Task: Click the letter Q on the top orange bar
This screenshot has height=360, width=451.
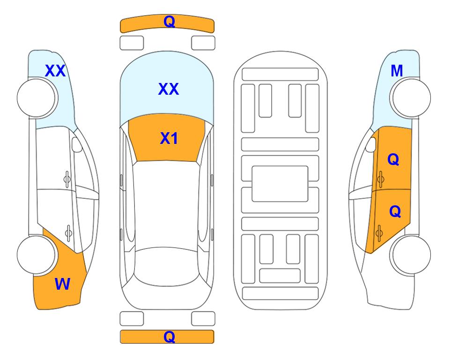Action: (x=169, y=22)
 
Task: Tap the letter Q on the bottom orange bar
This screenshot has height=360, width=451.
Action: (x=169, y=337)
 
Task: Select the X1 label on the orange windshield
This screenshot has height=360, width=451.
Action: (x=169, y=138)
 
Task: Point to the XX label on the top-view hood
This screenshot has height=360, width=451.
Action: (x=169, y=89)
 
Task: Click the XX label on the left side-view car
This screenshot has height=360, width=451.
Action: (x=55, y=71)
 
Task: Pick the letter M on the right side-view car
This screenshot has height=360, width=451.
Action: (x=397, y=71)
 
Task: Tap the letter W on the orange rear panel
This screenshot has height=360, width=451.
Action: (x=62, y=284)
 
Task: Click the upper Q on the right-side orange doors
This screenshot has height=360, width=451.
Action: (x=393, y=159)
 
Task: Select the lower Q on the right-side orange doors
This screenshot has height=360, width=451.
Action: (x=395, y=211)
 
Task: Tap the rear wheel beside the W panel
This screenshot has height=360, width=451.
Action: (x=36, y=255)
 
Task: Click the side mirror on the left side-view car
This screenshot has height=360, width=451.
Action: (x=77, y=144)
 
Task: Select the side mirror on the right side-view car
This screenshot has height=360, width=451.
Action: (x=371, y=144)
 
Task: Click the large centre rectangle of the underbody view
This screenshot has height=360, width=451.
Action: (x=280, y=184)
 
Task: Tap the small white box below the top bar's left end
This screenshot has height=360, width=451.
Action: (x=132, y=43)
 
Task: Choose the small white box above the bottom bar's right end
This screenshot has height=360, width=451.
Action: (x=203, y=319)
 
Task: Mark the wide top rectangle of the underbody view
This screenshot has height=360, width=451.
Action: (x=280, y=75)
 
